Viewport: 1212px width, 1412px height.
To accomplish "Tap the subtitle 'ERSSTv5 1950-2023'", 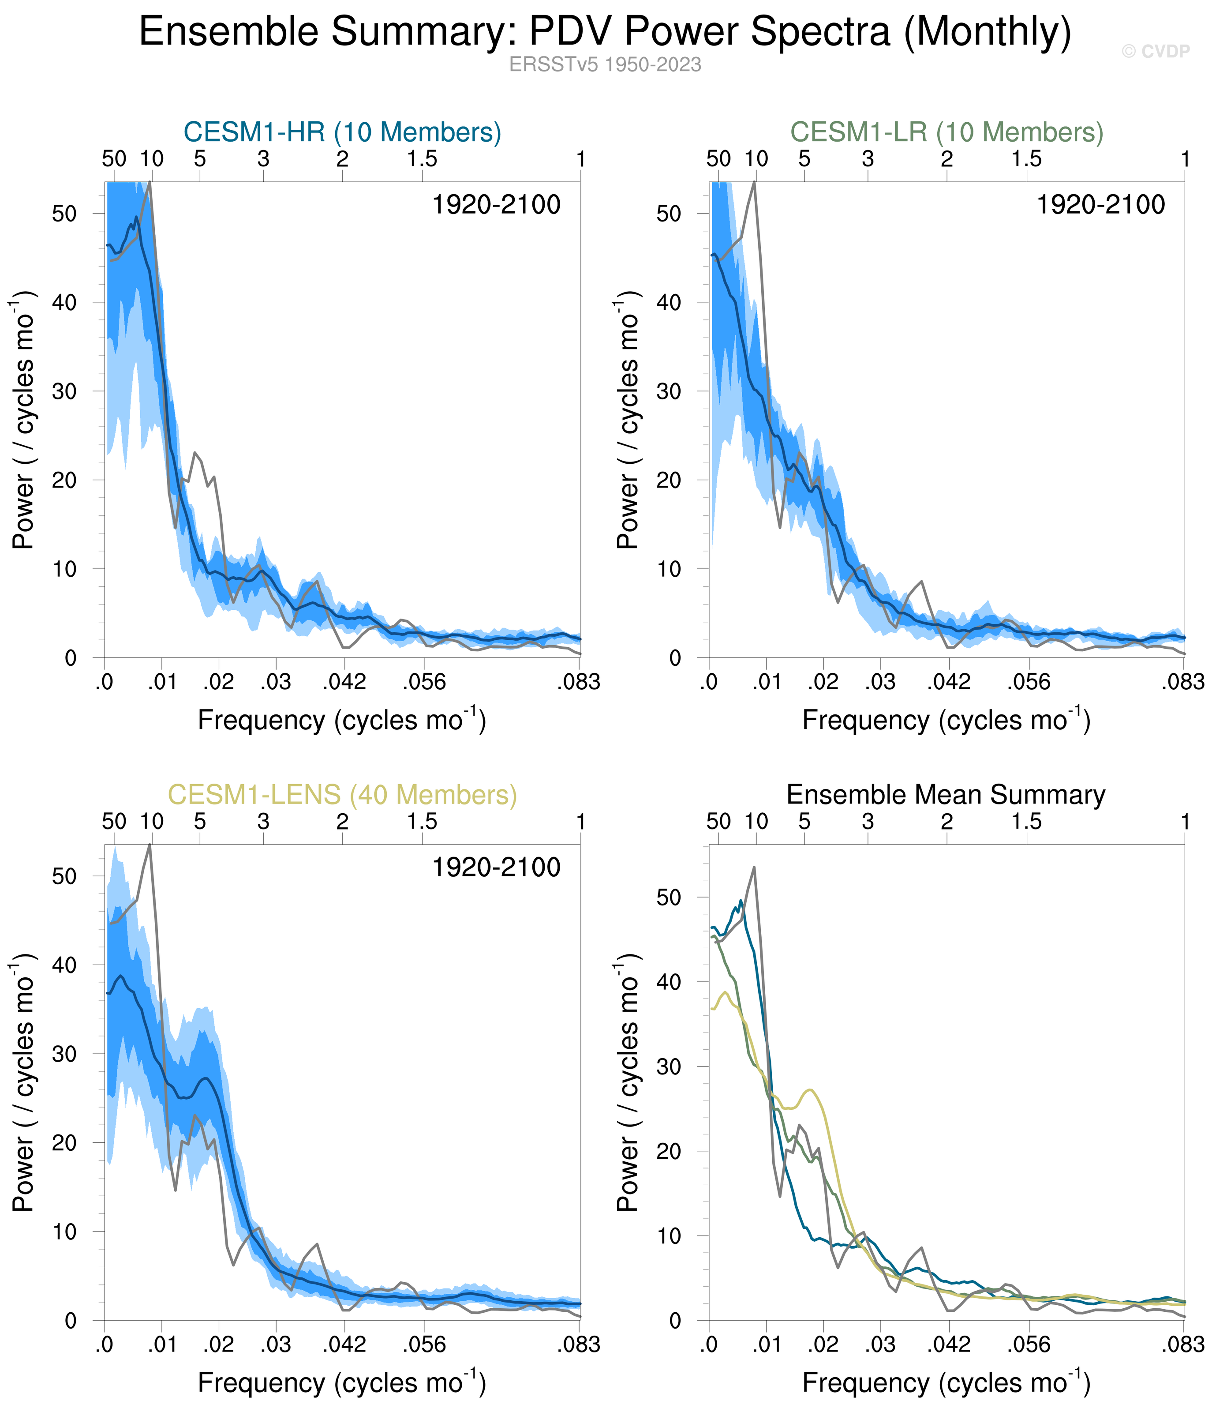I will click(605, 65).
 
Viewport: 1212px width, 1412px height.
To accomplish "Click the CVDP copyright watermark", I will click(1156, 52).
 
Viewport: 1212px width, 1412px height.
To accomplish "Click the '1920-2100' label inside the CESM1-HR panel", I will click(496, 204).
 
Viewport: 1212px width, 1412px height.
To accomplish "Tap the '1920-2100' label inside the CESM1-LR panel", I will click(1100, 204).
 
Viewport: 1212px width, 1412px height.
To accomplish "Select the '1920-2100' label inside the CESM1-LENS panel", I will click(496, 867).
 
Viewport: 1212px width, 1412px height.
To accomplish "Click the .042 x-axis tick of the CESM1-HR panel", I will click(344, 681).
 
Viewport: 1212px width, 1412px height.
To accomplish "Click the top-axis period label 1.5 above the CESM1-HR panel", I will click(423, 159).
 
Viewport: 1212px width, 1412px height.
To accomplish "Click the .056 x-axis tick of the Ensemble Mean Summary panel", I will click(1029, 1344).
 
